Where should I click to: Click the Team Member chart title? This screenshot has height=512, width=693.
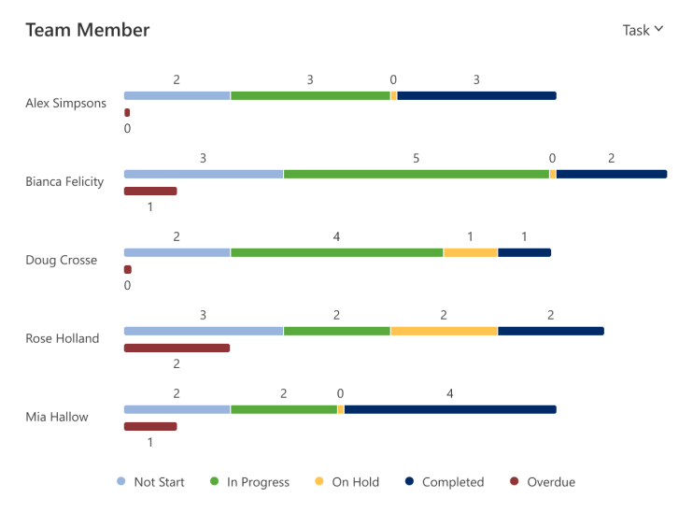click(x=87, y=30)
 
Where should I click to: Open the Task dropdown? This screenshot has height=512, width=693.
click(x=643, y=30)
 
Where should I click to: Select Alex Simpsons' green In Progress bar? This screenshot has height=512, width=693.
click(x=310, y=95)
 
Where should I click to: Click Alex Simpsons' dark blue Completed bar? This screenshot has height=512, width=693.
click(x=476, y=95)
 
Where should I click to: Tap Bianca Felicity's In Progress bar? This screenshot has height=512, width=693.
click(x=416, y=174)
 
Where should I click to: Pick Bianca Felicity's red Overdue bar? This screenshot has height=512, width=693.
click(x=150, y=191)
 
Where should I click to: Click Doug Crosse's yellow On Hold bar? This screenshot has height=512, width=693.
click(x=470, y=252)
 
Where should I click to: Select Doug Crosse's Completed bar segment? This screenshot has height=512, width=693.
click(x=524, y=252)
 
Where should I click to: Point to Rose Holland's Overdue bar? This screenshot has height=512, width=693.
click(x=177, y=348)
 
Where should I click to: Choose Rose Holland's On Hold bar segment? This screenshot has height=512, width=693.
click(x=444, y=331)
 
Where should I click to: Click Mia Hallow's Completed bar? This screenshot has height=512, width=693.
click(x=449, y=409)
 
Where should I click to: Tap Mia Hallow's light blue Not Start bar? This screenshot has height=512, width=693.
click(x=177, y=409)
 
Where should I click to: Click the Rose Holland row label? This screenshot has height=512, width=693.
click(x=62, y=338)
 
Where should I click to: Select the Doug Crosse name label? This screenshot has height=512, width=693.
click(x=61, y=260)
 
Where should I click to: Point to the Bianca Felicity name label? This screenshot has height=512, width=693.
click(x=64, y=181)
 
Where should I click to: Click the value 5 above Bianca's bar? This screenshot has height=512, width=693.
click(x=416, y=158)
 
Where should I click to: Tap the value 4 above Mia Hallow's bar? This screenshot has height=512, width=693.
click(x=449, y=393)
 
